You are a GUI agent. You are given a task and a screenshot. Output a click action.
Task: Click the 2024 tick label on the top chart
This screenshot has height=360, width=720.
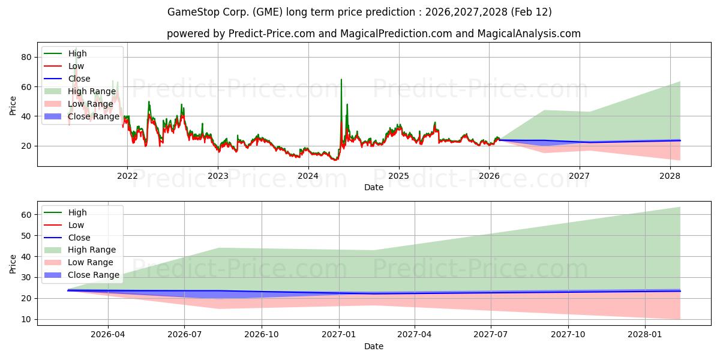click(x=308, y=176)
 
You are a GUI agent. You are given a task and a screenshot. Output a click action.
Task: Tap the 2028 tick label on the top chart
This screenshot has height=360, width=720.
click(x=670, y=176)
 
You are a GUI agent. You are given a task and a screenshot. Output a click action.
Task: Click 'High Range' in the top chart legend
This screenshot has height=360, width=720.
click(x=92, y=91)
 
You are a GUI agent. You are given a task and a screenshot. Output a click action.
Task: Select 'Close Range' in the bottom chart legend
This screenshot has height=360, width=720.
click(x=94, y=275)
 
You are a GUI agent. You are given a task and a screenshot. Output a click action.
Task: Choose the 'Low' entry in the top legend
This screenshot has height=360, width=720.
click(x=76, y=66)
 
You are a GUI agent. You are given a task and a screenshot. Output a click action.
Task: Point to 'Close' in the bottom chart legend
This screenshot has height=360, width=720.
click(x=79, y=238)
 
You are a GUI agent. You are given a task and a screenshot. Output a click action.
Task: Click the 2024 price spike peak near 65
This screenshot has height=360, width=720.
click(x=341, y=80)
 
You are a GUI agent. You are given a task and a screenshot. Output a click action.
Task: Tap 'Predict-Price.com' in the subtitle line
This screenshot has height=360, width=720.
click(x=272, y=34)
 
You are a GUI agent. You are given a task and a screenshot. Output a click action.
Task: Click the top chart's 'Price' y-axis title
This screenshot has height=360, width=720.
click(x=13, y=105)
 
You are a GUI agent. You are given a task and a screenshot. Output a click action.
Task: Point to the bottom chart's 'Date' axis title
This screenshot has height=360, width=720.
click(x=373, y=346)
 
